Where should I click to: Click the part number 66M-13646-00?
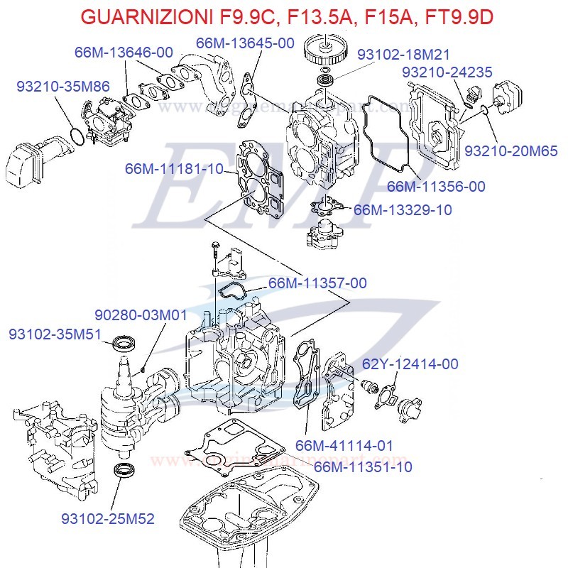tap(124, 53)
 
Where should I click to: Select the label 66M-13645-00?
tap(245, 43)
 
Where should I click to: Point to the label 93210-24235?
tap(447, 72)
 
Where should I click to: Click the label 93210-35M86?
tap(63, 87)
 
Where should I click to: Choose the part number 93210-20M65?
tap(510, 151)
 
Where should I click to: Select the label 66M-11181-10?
tap(174, 169)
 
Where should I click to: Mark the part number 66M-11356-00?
tap(436, 187)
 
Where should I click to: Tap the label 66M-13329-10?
tap(403, 209)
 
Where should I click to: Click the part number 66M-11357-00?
tap(317, 283)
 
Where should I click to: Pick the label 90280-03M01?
tap(141, 315)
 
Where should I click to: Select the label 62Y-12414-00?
tap(410, 364)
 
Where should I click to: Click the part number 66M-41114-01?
tap(344, 445)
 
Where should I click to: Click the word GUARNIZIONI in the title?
tap(138, 16)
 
